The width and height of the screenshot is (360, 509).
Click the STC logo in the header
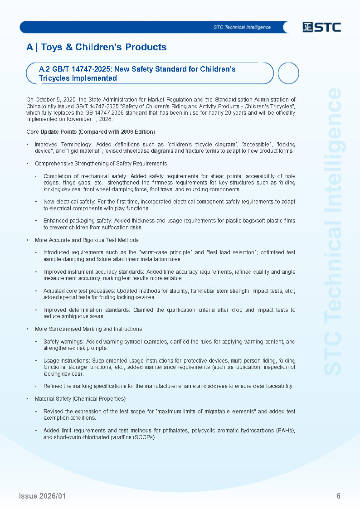321,27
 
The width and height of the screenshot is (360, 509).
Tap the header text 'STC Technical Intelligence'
242,27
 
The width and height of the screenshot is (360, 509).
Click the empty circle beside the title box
288,73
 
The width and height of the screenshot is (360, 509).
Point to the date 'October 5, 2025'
55,100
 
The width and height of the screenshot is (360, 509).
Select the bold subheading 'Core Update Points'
56,132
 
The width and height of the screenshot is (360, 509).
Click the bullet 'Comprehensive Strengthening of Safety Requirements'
101,163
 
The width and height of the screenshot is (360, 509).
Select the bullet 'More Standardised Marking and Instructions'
88,329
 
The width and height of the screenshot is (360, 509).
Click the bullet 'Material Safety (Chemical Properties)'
80,399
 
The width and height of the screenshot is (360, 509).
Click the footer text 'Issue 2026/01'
42,496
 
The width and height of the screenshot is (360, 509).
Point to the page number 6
338,496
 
